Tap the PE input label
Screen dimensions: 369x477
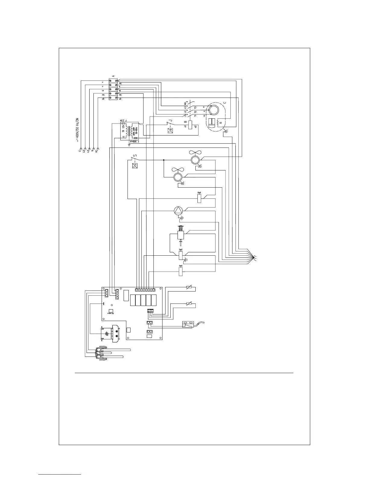(97, 150)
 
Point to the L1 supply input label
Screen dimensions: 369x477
(79, 150)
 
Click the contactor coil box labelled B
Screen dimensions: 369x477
(190, 124)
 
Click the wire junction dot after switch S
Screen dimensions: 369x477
(163, 160)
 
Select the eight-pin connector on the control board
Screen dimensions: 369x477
(145, 290)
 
